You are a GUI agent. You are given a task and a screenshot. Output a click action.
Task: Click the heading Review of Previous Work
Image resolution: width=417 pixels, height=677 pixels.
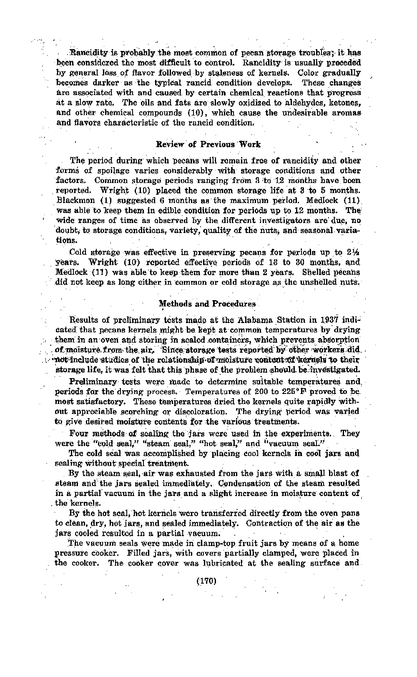(208, 145)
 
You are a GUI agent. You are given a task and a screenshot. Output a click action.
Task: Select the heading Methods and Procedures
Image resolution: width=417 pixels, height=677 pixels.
(207, 304)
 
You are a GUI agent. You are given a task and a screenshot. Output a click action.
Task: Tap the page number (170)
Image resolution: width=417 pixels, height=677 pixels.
(206, 580)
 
